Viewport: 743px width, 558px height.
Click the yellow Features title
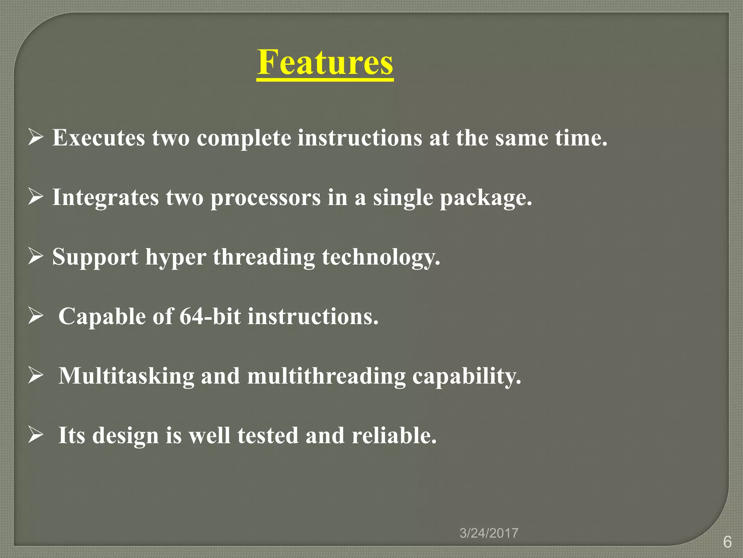point(325,62)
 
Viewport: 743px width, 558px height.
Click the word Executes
point(98,138)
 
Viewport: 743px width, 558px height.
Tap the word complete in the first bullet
point(244,138)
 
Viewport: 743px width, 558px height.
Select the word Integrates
point(106,198)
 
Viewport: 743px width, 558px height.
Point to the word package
point(485,198)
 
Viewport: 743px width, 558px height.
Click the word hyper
point(176,258)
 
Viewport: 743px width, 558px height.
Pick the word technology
point(381,258)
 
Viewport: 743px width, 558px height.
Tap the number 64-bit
point(210,316)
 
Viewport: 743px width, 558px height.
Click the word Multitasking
point(126,376)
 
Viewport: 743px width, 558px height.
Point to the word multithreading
point(326,376)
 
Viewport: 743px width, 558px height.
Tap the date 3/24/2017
point(489,533)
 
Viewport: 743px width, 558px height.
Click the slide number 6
point(727,542)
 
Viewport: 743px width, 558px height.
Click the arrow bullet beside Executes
point(36,138)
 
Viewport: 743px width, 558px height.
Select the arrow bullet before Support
point(36,256)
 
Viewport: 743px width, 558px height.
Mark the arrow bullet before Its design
point(36,435)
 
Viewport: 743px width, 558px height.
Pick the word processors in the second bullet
point(266,198)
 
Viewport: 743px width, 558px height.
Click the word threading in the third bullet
point(264,258)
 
